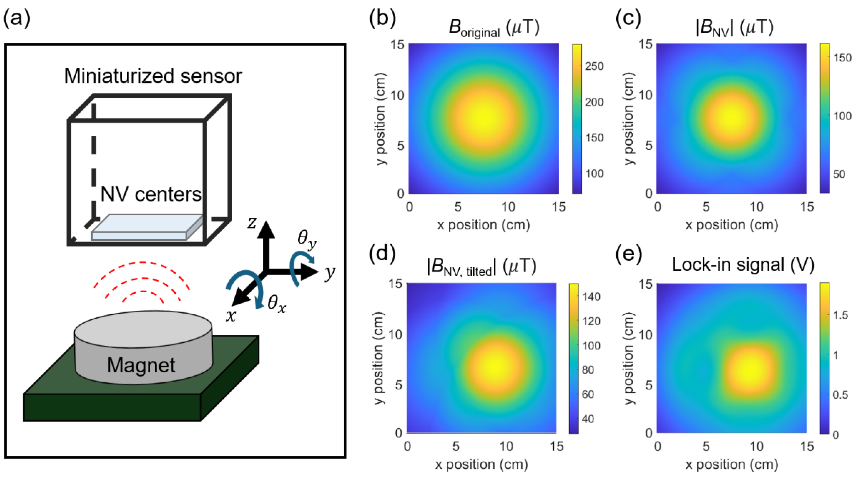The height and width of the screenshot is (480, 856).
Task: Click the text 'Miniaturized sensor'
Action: click(153, 76)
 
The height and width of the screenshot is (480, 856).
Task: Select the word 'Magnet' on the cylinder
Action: click(141, 365)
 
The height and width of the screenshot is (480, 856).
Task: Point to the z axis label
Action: click(252, 223)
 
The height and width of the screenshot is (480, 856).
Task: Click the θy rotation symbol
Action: click(306, 240)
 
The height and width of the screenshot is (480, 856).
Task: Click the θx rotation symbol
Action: click(276, 304)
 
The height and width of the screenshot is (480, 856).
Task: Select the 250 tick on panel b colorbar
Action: click(594, 66)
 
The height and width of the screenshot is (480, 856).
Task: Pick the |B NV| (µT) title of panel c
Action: click(734, 27)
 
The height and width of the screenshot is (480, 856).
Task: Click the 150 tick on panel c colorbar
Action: click(842, 57)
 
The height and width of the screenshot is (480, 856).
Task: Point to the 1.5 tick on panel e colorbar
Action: click(841, 315)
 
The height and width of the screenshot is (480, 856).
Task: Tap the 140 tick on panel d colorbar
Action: click(591, 297)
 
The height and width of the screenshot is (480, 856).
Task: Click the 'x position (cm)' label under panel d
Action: click(481, 465)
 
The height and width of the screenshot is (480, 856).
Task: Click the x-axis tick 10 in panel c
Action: click(756, 207)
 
